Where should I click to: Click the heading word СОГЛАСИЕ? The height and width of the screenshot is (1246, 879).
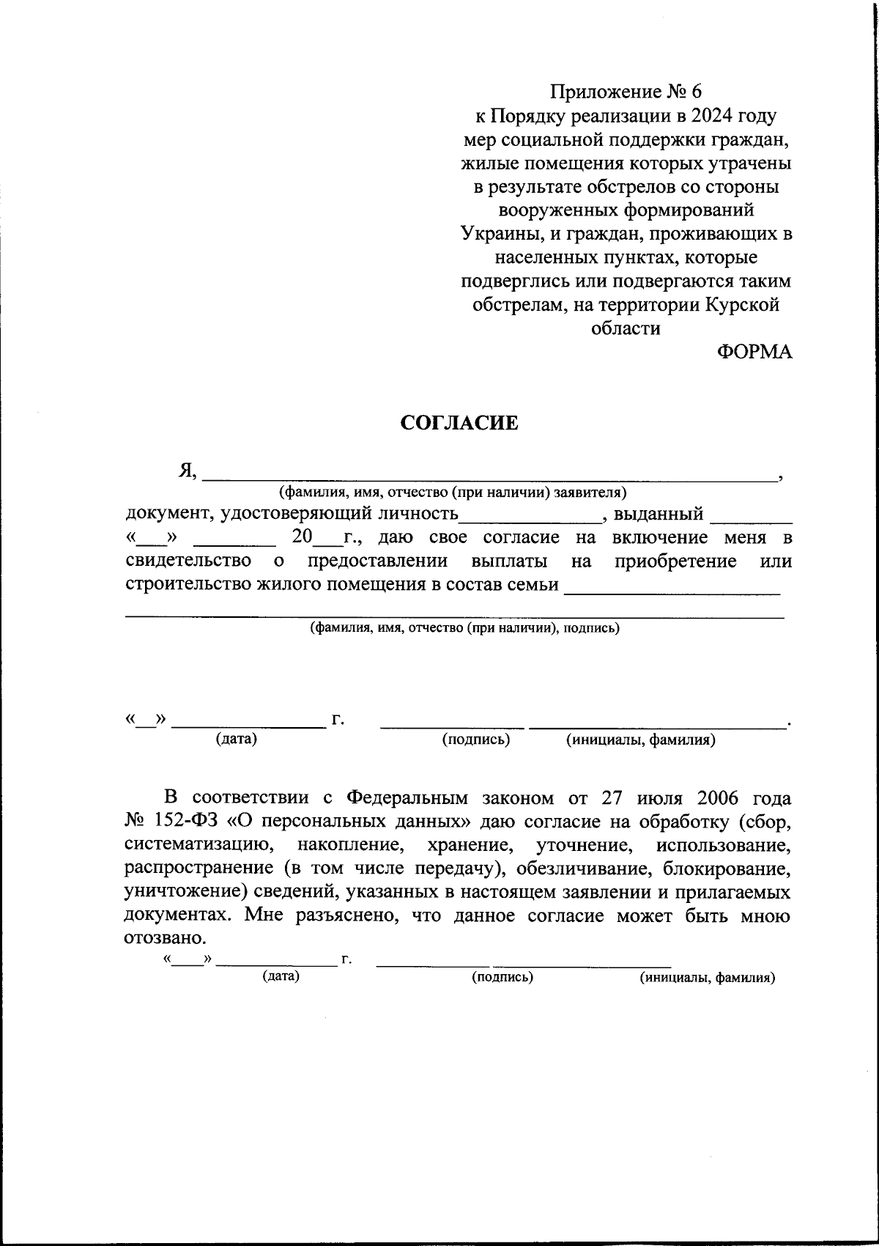click(x=459, y=423)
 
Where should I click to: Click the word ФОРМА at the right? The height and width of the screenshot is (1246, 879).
click(x=754, y=352)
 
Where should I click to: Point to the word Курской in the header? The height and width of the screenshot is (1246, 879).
click(x=742, y=305)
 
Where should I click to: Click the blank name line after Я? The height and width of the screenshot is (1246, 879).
click(x=489, y=473)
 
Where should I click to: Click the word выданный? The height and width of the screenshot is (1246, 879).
click(x=659, y=514)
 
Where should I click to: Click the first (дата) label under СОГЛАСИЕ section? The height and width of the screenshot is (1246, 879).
click(x=236, y=740)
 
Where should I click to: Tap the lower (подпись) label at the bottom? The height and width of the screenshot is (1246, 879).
click(x=502, y=977)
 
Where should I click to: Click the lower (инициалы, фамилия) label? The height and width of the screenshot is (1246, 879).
click(x=707, y=978)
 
